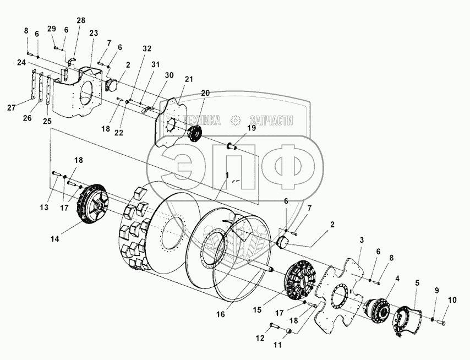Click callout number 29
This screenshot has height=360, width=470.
tap(51, 29)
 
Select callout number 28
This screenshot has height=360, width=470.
tap(81, 20)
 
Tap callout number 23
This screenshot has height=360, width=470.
tap(94, 32)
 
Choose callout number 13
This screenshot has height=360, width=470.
tap(43, 208)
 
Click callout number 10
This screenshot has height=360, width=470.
tap(452, 301)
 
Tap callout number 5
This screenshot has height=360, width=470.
tap(417, 283)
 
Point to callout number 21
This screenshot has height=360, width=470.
tap(189, 79)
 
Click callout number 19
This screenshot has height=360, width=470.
tap(251, 128)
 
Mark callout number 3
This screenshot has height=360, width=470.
tap(362, 241)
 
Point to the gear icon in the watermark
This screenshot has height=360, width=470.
tap(235, 120)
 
